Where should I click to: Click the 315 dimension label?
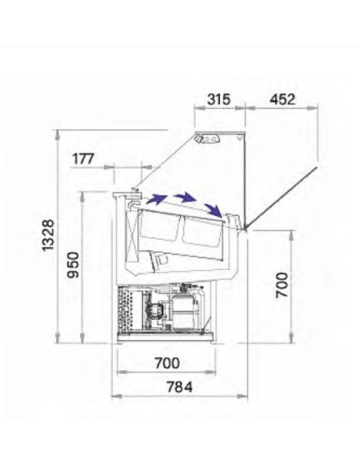(x=218, y=100)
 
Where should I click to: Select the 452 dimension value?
(x=282, y=100)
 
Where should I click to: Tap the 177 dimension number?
(x=84, y=159)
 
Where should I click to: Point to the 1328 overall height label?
(x=48, y=235)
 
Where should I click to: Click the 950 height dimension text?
(x=73, y=265)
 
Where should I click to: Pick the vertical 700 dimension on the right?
(x=282, y=285)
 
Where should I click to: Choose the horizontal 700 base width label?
(x=167, y=363)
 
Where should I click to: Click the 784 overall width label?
(x=179, y=387)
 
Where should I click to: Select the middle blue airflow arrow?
(x=185, y=197)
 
